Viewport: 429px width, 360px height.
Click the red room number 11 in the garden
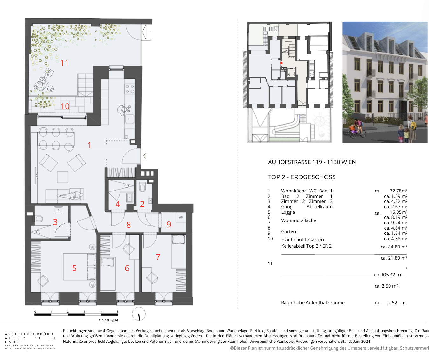click(x=64, y=63)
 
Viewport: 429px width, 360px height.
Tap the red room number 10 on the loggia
click(x=65, y=106)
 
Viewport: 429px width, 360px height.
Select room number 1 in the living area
click(x=89, y=145)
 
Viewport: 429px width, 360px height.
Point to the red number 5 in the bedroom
click(x=74, y=268)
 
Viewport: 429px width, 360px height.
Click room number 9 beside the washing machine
click(x=169, y=225)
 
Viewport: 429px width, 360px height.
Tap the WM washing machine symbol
click(x=181, y=217)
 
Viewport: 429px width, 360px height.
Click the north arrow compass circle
click(x=139, y=314)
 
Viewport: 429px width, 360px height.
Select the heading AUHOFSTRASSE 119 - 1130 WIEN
click(x=312, y=162)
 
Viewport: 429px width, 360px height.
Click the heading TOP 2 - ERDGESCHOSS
click(x=302, y=177)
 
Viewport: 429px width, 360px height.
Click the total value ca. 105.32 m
click(x=387, y=275)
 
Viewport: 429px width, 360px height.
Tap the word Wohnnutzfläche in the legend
click(x=299, y=220)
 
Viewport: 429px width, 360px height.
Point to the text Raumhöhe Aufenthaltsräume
click(x=313, y=303)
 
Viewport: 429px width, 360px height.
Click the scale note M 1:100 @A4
click(x=108, y=320)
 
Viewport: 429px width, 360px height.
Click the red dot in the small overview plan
click(x=281, y=63)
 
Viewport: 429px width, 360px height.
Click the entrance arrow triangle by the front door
click(x=145, y=156)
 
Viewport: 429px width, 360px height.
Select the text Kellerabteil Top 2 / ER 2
click(x=306, y=246)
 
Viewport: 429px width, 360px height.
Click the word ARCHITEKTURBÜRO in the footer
click(x=29, y=334)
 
